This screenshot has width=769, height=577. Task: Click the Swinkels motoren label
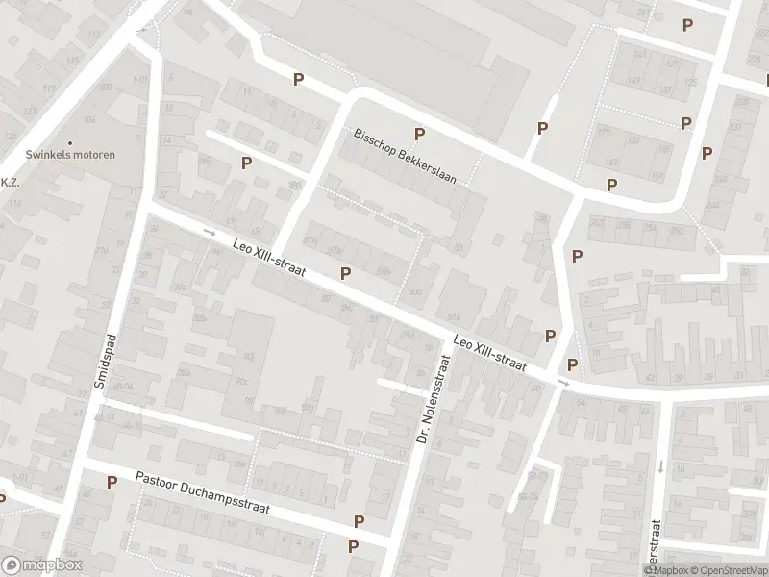click(x=69, y=155)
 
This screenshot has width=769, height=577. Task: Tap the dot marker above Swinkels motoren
click(x=69, y=142)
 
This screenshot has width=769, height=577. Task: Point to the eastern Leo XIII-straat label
click(x=490, y=353)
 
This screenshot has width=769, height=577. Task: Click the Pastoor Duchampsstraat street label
click(x=202, y=493)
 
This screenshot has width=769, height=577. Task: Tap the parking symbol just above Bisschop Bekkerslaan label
click(x=418, y=134)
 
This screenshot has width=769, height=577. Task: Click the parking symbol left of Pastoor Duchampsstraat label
click(x=112, y=482)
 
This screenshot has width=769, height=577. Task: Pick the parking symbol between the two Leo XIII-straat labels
click(x=345, y=274)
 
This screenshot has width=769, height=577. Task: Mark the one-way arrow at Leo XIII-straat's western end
click(x=210, y=232)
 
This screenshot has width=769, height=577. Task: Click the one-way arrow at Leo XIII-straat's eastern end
click(x=562, y=383)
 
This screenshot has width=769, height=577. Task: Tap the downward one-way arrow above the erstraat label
click(x=661, y=466)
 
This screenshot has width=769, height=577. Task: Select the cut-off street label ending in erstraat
click(x=656, y=546)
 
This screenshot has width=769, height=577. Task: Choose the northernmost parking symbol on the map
click(x=686, y=26)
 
